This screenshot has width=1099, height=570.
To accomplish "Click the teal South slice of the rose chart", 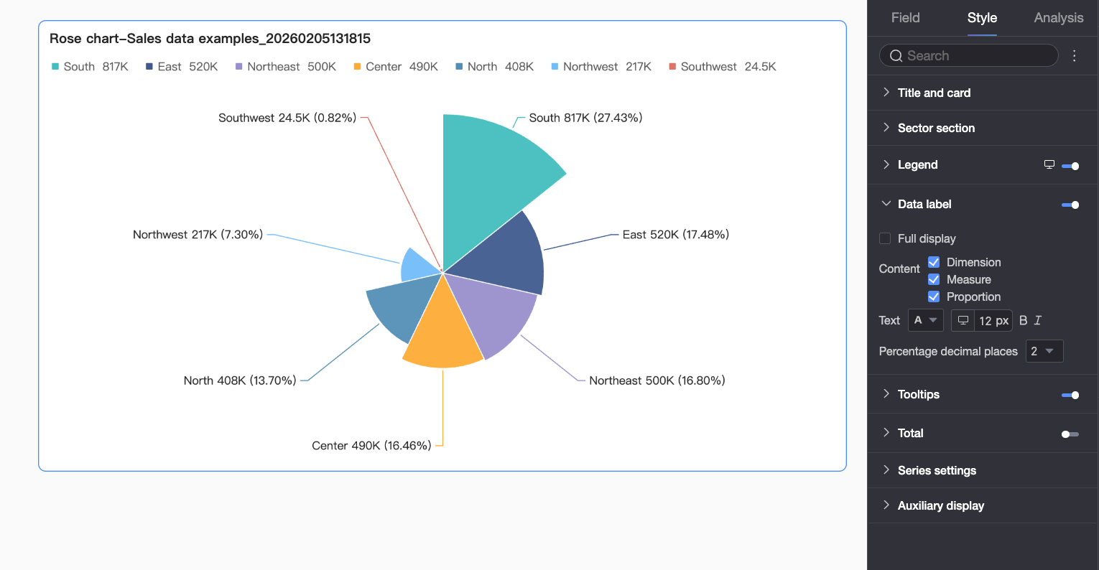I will [x=488, y=179].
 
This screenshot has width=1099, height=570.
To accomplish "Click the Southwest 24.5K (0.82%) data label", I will [x=287, y=118].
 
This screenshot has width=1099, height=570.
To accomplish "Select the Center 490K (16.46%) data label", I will [x=371, y=446].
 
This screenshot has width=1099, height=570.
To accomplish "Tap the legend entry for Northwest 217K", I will [x=601, y=67].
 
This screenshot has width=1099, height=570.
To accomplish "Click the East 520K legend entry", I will [x=182, y=67].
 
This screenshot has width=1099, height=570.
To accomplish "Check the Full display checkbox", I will [x=885, y=238].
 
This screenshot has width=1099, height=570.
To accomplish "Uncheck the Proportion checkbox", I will [x=934, y=296].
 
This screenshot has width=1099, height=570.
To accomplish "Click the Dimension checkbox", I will [x=934, y=262].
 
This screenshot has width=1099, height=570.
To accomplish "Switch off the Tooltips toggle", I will [x=1070, y=395].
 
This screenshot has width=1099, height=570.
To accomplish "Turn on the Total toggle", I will [x=1070, y=434].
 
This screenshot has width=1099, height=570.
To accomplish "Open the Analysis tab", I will [x=1058, y=18].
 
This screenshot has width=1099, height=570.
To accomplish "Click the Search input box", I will [x=970, y=56].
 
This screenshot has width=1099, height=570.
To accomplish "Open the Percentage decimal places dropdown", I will [x=1044, y=351].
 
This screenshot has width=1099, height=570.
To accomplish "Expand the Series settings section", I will [x=937, y=470].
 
